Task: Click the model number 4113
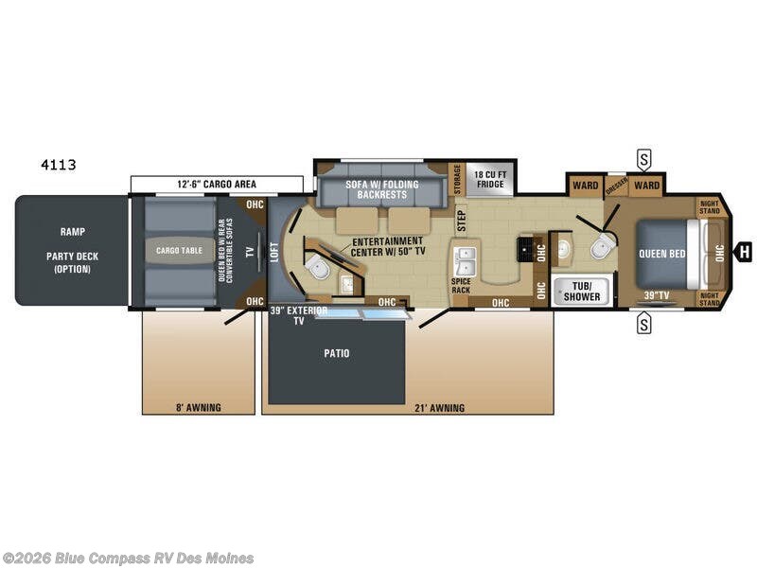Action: (59, 165)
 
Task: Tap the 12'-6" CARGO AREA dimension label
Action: (218, 184)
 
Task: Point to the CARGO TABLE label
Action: (180, 251)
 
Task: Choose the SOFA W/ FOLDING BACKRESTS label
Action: (382, 188)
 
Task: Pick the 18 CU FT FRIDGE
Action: (489, 178)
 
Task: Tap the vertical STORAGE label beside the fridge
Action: (457, 178)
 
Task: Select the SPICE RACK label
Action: (461, 285)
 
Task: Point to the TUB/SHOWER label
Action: (580, 291)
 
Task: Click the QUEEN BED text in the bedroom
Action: (662, 254)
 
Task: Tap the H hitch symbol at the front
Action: (746, 252)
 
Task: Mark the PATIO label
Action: (336, 353)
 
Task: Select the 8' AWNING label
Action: (198, 408)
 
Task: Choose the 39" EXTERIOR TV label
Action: (298, 315)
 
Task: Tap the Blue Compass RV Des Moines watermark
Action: (128, 558)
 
